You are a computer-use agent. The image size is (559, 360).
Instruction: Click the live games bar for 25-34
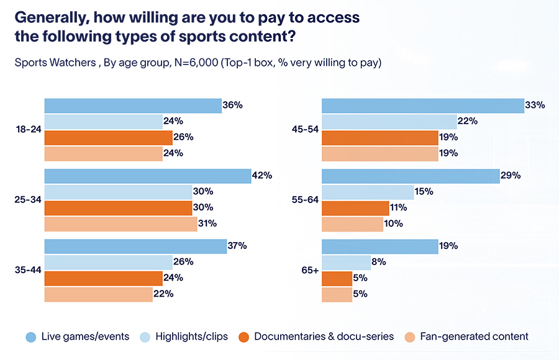(x=147, y=176)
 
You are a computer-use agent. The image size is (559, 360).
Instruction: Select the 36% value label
(x=232, y=106)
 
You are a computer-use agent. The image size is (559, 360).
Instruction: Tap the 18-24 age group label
(x=27, y=130)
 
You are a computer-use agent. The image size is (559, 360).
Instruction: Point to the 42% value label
(x=262, y=176)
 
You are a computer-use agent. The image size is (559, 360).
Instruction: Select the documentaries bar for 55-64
(x=347, y=208)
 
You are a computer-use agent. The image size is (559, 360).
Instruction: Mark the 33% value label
(x=535, y=106)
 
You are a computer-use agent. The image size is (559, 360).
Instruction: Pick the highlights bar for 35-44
(x=108, y=262)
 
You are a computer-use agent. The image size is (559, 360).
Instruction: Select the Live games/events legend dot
(x=30, y=336)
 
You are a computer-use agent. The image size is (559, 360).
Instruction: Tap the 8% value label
(x=379, y=262)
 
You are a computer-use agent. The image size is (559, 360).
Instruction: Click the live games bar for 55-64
(x=411, y=176)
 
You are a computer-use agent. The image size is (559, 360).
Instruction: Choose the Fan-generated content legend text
(x=474, y=336)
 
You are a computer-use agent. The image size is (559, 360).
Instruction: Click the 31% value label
(x=207, y=223)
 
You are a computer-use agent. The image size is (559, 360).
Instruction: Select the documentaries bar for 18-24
(x=107, y=137)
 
